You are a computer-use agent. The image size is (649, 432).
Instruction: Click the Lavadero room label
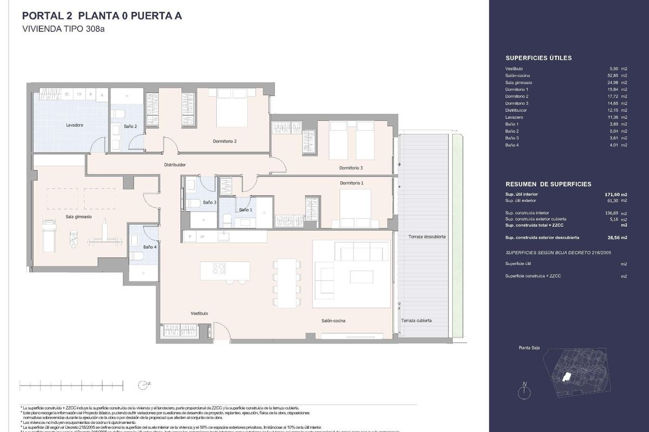[59, 125]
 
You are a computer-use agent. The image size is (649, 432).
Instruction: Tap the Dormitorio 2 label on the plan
[224, 141]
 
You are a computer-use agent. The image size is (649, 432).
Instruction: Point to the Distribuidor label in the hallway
[175, 165]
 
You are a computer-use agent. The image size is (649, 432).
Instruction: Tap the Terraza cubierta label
[416, 320]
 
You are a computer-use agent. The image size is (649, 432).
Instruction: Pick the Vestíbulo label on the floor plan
[199, 313]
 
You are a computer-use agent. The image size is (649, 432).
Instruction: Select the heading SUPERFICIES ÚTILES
[538, 58]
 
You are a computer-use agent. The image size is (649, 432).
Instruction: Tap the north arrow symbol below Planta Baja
[524, 390]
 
